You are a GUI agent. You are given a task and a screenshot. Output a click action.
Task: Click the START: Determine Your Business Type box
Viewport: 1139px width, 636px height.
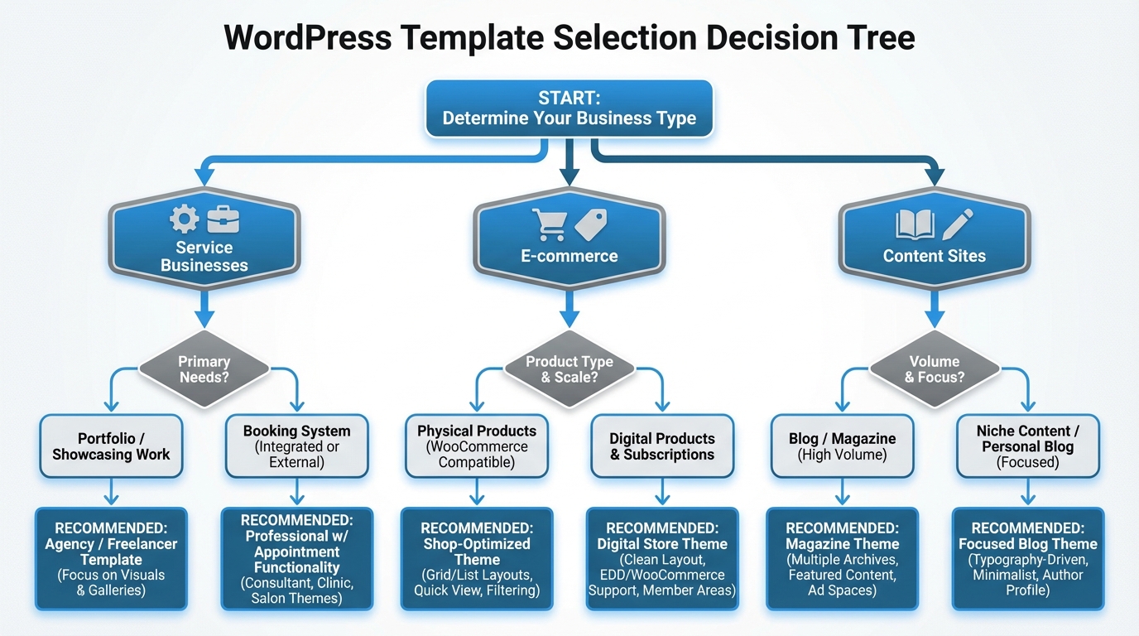(x=569, y=108)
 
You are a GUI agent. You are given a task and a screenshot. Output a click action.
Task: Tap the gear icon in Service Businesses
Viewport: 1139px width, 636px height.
(x=184, y=219)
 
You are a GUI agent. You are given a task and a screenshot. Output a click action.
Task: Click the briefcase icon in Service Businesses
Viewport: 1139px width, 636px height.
(x=223, y=219)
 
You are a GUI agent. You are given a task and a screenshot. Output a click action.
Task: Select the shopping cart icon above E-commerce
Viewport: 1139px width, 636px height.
(x=549, y=224)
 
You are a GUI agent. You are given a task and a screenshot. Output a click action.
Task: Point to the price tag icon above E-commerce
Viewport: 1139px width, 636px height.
(x=591, y=224)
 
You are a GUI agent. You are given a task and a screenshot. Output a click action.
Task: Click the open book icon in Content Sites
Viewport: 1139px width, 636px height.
(x=915, y=224)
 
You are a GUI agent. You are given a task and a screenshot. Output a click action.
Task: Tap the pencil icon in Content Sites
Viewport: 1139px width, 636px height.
(x=957, y=224)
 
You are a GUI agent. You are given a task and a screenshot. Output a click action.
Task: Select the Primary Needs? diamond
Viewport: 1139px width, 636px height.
(x=204, y=369)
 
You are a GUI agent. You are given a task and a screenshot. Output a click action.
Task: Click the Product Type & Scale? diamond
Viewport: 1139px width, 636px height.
(x=569, y=369)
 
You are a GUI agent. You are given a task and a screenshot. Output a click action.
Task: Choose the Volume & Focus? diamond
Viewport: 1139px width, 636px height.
(x=935, y=369)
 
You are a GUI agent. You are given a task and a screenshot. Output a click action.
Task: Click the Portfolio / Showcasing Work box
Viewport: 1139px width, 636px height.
(x=111, y=446)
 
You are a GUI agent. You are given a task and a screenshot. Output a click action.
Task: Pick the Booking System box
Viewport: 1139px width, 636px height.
(x=296, y=446)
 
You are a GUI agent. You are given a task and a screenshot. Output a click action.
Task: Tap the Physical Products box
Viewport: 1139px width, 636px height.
(x=477, y=446)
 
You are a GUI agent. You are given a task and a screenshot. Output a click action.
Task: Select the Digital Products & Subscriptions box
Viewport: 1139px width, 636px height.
(x=662, y=446)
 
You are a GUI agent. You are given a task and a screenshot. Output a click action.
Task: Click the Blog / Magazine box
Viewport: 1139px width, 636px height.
(x=842, y=446)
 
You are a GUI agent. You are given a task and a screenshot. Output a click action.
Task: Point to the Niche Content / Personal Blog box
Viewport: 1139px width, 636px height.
(x=1027, y=446)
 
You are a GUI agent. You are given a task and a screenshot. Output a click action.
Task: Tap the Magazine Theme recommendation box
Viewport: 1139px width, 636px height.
(x=842, y=559)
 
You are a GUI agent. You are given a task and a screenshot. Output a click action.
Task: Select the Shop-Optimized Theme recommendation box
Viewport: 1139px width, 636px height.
(x=477, y=559)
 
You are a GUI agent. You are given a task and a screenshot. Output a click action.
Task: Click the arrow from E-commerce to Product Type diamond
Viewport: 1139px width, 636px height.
(x=569, y=308)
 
